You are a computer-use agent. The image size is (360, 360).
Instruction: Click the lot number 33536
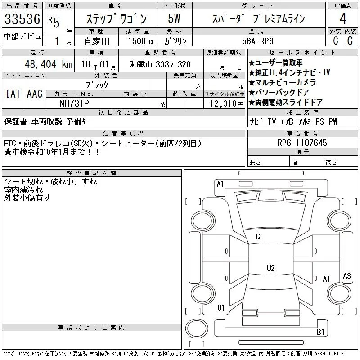click(x=22, y=19)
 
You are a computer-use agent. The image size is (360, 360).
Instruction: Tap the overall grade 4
click(x=343, y=18)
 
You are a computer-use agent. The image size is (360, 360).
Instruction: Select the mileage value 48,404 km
click(x=49, y=64)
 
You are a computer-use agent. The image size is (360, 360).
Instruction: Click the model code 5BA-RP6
click(x=257, y=41)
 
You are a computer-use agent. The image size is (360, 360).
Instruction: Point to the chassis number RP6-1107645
click(x=302, y=143)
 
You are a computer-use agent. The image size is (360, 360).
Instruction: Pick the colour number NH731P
click(x=74, y=103)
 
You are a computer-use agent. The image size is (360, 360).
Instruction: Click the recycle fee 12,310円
click(x=226, y=104)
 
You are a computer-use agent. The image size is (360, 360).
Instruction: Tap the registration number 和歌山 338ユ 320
click(x=161, y=64)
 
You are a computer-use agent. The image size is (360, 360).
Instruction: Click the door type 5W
click(x=174, y=18)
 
